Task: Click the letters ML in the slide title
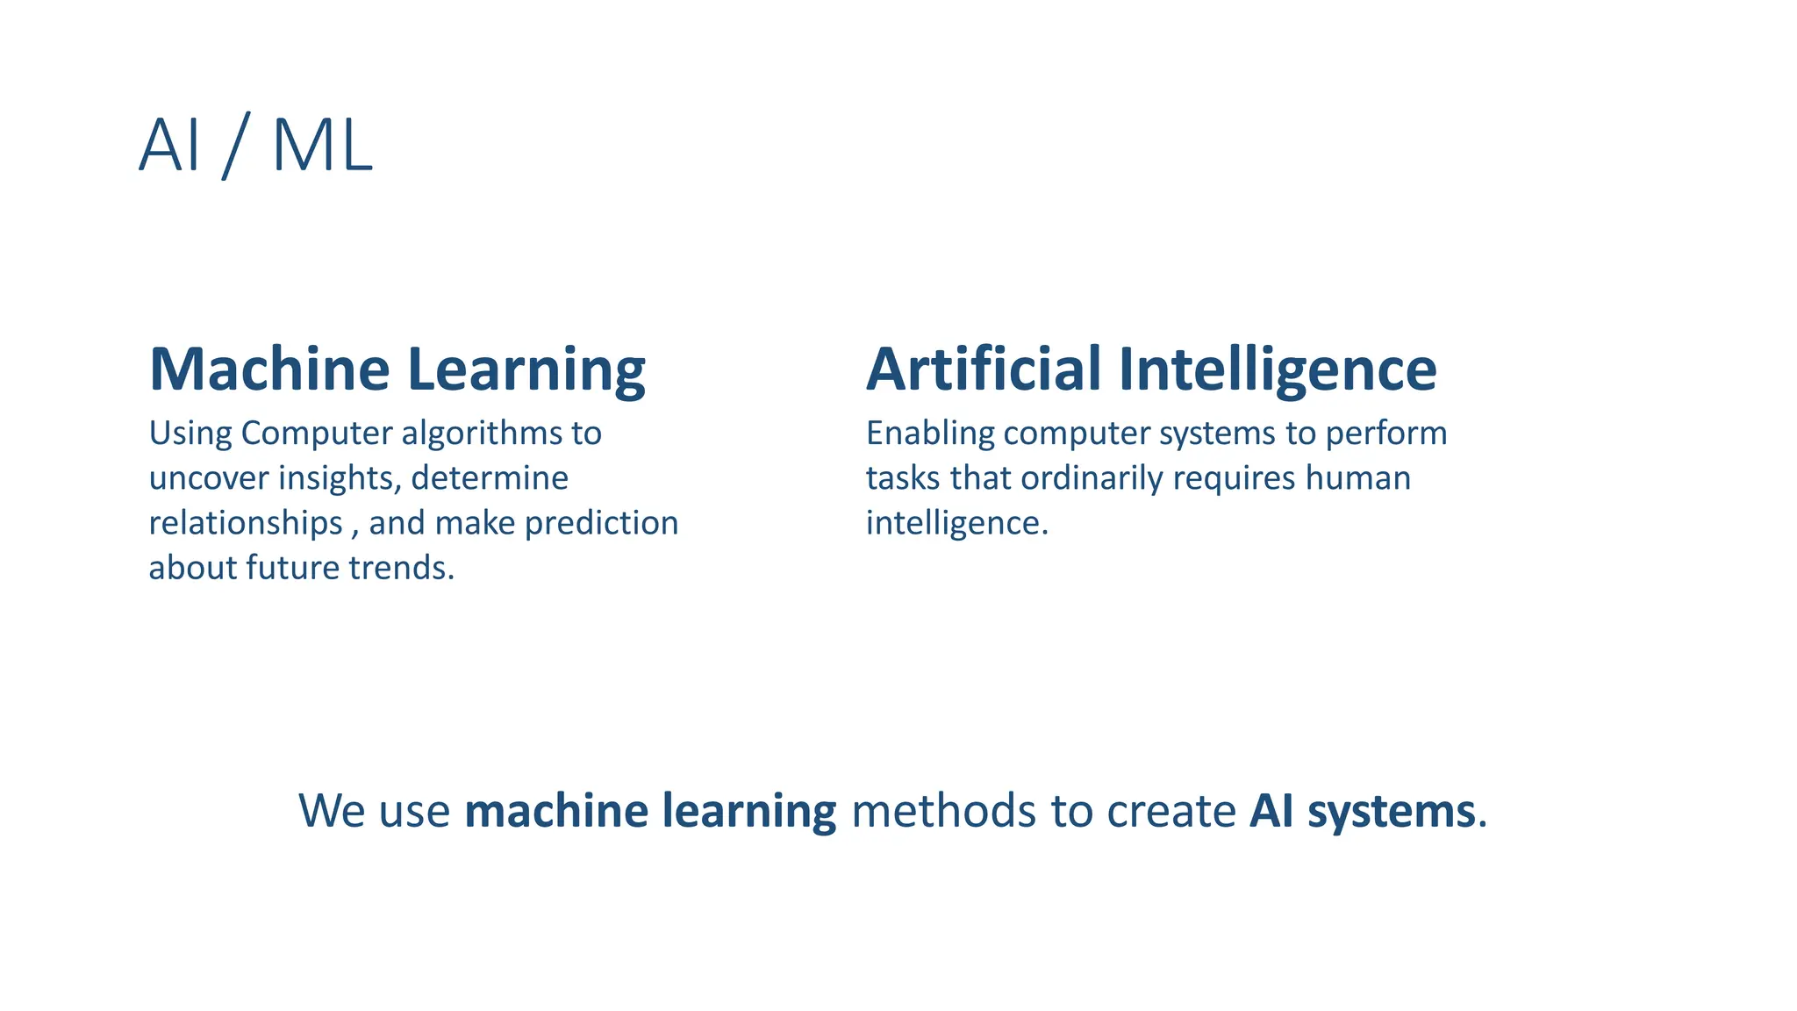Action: tap(322, 146)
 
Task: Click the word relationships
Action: tap(246, 524)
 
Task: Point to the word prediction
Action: tap(601, 524)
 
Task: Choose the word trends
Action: tap(401, 568)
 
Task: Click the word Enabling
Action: tap(930, 434)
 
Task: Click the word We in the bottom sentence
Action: tap(332, 810)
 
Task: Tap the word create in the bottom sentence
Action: tap(1171, 810)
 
